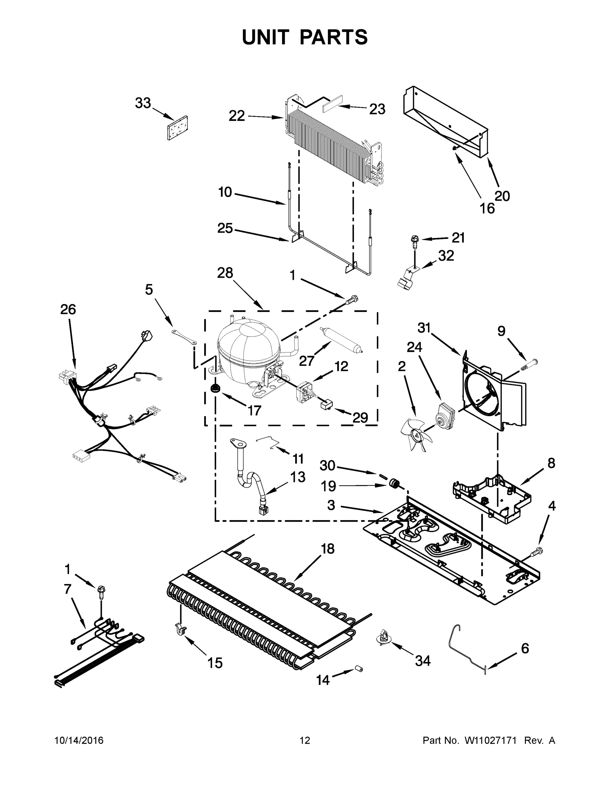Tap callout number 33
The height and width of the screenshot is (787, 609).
(x=142, y=103)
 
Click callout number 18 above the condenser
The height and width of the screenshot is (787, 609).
(x=328, y=549)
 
